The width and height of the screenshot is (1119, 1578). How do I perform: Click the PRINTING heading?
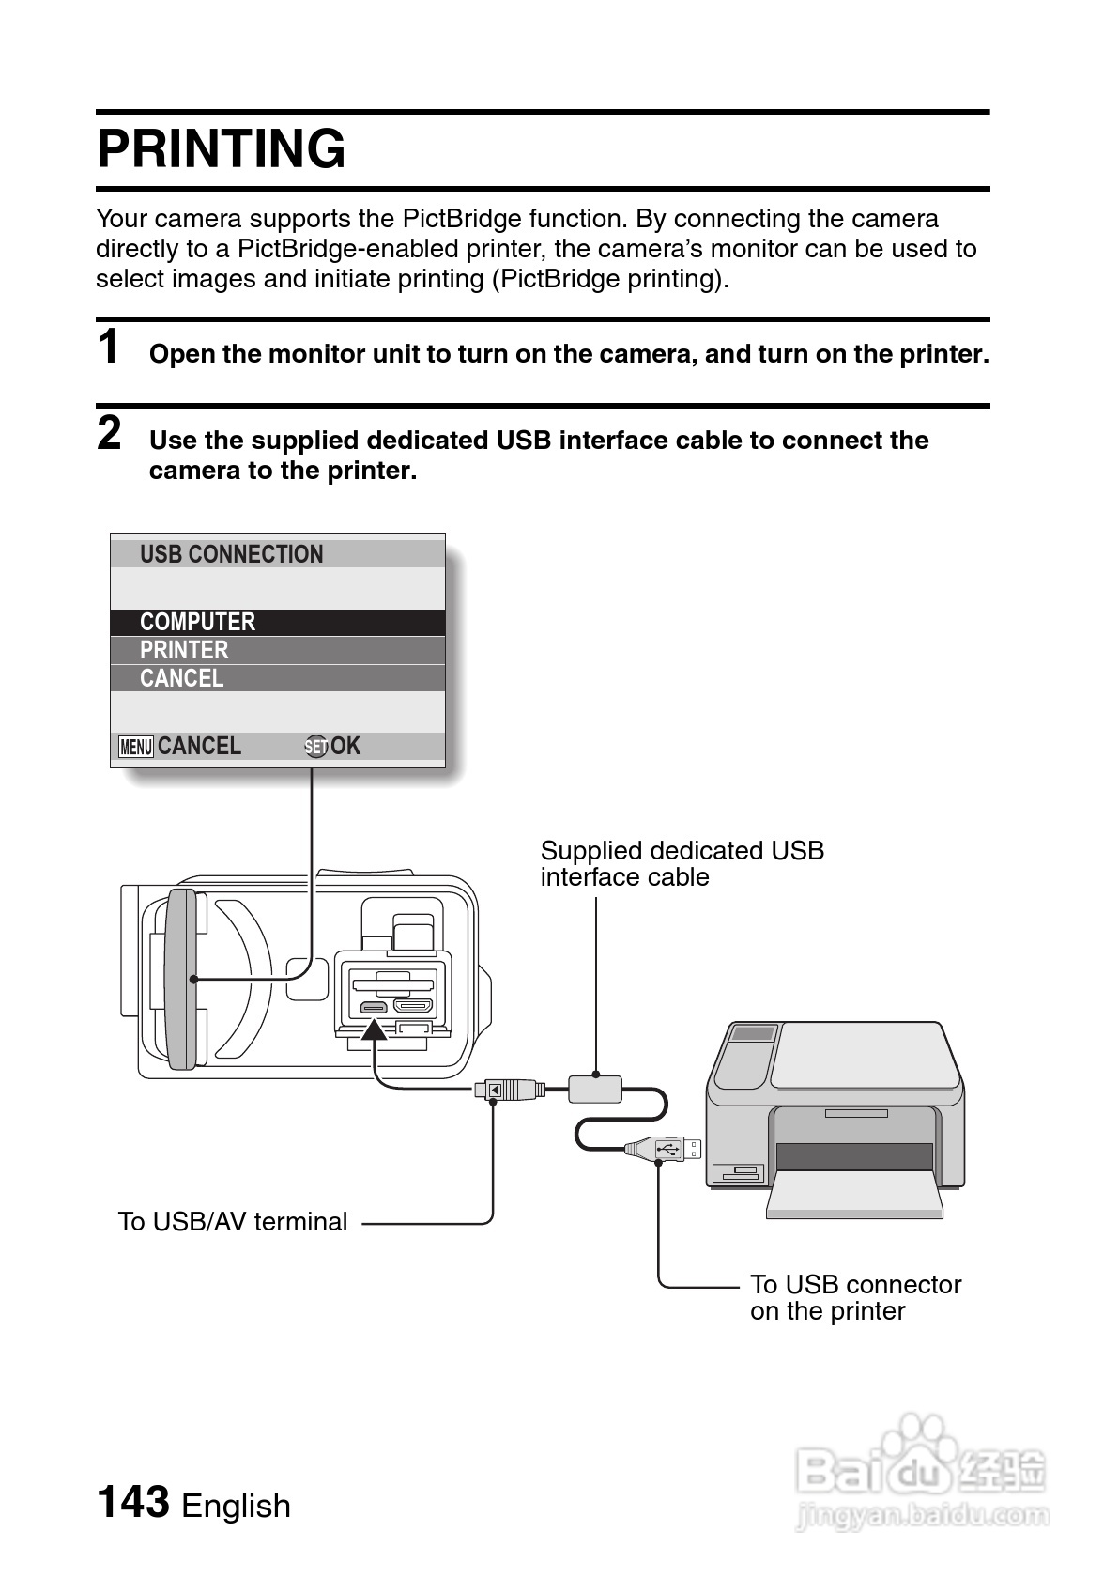point(222,149)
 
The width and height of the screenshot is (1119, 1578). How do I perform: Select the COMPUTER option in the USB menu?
point(197,622)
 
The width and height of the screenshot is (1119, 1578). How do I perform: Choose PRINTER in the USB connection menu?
point(184,650)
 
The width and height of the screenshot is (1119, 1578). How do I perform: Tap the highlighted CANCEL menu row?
point(181,678)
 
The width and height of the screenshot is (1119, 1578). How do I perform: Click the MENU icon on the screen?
point(136,747)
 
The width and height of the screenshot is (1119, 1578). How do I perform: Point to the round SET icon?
point(316,747)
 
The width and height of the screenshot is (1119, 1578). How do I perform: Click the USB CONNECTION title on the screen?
point(231,554)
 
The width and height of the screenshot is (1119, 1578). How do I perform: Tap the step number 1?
point(110,347)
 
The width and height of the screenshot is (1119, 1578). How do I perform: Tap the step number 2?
point(110,433)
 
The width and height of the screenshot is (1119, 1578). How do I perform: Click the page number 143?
point(133,1501)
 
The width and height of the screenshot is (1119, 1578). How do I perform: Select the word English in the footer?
point(236,1506)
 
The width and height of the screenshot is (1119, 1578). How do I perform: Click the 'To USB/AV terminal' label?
point(232,1221)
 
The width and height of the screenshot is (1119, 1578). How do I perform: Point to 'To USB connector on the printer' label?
point(855,1297)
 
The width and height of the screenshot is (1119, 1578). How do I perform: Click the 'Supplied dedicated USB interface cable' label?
point(682,863)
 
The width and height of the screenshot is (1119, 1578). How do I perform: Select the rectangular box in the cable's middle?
point(595,1089)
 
